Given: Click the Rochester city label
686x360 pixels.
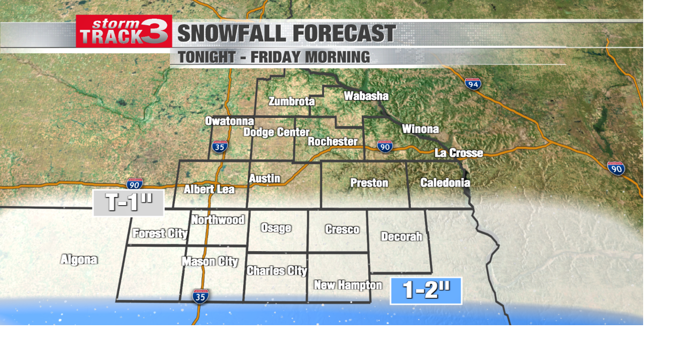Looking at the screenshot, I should point(332,141).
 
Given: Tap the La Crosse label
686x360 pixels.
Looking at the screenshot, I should point(458,153).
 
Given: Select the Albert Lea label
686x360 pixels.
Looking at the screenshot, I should point(209,189).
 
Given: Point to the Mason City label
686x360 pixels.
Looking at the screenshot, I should point(210,261).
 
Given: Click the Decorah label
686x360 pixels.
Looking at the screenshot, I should point(401,236).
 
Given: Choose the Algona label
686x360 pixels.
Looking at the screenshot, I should point(79,260).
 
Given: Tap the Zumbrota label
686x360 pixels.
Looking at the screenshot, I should point(292,101).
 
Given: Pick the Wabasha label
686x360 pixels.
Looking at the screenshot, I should point(366,96).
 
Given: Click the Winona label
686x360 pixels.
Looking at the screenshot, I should point(420,129).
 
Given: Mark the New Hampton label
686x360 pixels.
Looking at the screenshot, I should point(348,285).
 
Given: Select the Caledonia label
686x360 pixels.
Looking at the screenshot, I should point(445,183).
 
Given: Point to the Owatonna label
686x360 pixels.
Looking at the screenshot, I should point(229,121).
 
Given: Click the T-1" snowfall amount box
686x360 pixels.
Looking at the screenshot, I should point(129,203).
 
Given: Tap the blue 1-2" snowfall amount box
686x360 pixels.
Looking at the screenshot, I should point(426,290).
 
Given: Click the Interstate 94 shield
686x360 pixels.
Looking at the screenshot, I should point(473,84).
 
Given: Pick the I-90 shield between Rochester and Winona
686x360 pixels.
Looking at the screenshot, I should point(384,146).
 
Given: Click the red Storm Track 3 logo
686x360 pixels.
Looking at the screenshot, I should point(124,32).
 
